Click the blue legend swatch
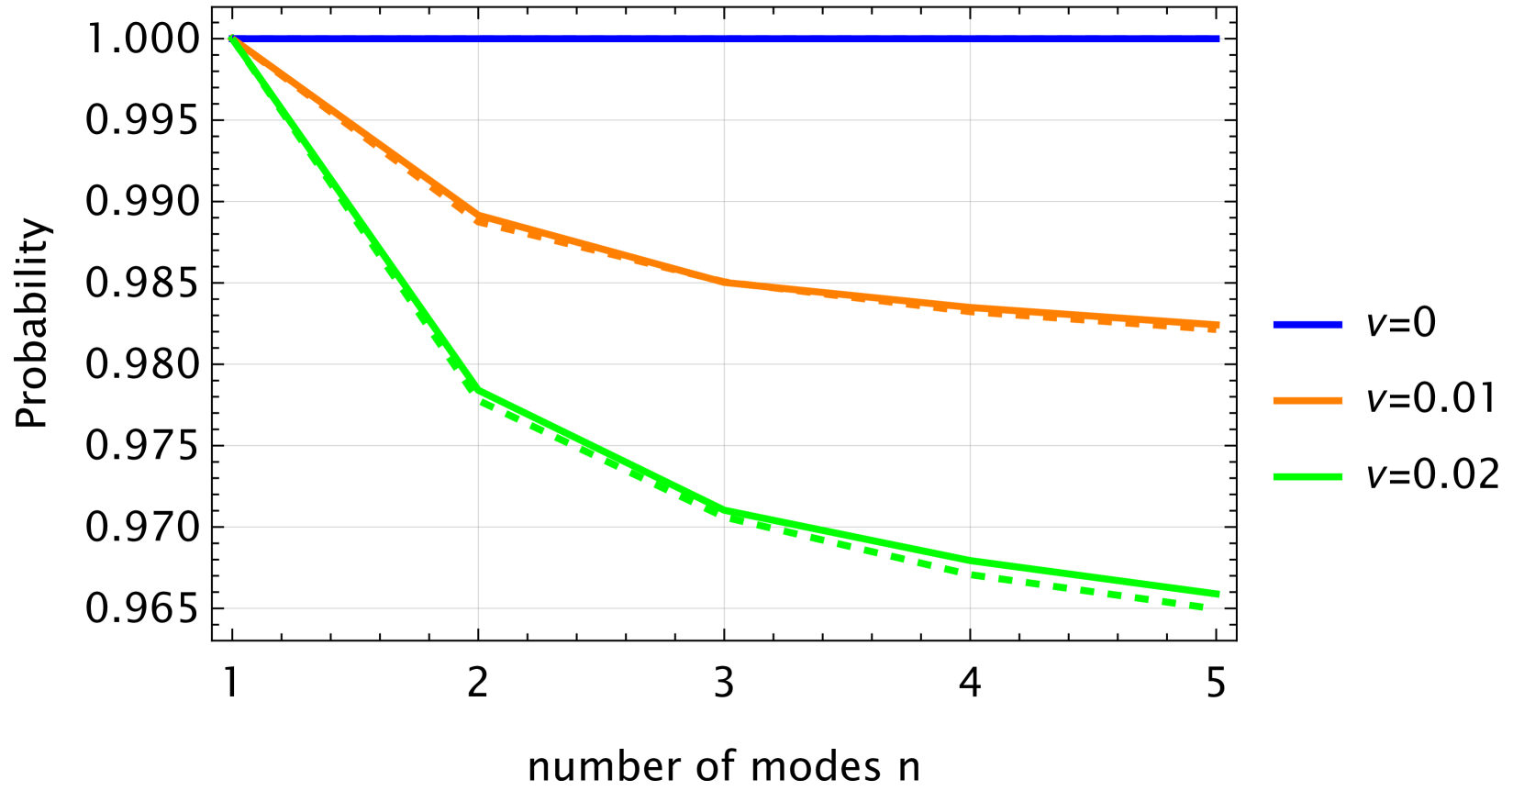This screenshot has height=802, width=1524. tap(1307, 324)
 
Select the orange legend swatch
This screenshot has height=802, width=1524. tap(1307, 400)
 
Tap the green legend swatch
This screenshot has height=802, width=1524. tap(1307, 476)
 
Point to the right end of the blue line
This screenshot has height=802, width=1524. tap(1218, 39)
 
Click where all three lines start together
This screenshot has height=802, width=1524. tap(232, 39)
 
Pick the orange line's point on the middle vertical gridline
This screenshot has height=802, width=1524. tap(724, 282)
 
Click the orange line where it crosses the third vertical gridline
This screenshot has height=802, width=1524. tap(970, 306)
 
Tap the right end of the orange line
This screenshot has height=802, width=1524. tap(1218, 324)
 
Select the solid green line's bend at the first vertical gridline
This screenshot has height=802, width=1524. tap(478, 388)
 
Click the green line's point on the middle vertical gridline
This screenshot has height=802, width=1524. tap(724, 508)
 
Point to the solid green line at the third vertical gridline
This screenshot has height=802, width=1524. tap(970, 560)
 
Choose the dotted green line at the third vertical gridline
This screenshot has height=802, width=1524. tap(970, 574)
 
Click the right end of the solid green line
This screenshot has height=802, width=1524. tap(1218, 594)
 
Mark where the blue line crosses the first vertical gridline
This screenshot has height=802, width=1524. tap(478, 39)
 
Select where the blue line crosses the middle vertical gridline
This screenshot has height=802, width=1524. tap(724, 39)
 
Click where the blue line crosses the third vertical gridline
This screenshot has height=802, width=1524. tap(970, 39)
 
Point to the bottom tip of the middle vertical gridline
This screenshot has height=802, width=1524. tap(724, 627)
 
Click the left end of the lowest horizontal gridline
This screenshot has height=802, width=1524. tap(227, 607)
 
